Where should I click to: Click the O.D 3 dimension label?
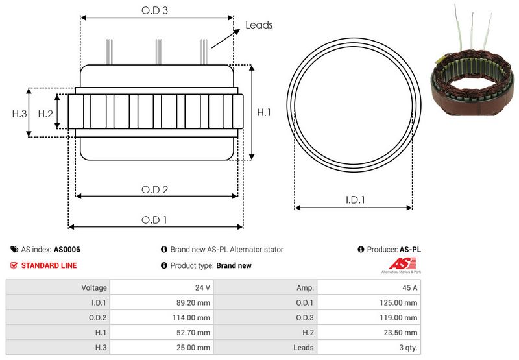pyautogui.click(x=154, y=10)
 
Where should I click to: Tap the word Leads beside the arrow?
pyautogui.click(x=259, y=25)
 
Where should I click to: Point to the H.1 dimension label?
pyautogui.click(x=264, y=112)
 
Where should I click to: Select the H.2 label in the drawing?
pyautogui.click(x=45, y=114)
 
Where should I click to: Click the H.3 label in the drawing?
pyautogui.click(x=19, y=114)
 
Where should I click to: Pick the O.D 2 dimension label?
pyautogui.click(x=154, y=189)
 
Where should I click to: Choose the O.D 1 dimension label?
pyautogui.click(x=154, y=220)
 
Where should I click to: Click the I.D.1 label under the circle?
pyautogui.click(x=355, y=200)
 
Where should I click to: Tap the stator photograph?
pyautogui.click(x=473, y=61)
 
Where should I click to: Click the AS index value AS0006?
pyautogui.click(x=67, y=250)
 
